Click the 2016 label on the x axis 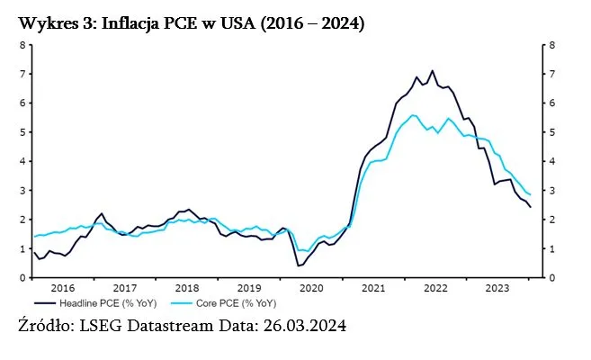point(62,288)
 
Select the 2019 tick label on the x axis point(248,288)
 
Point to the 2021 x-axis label point(372,288)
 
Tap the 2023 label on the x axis point(497,288)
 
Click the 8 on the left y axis point(22,45)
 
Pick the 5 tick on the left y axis point(22,132)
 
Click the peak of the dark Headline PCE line point(433,71)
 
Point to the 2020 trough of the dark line point(298,265)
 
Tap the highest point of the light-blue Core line point(412,115)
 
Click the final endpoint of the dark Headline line point(530,207)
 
